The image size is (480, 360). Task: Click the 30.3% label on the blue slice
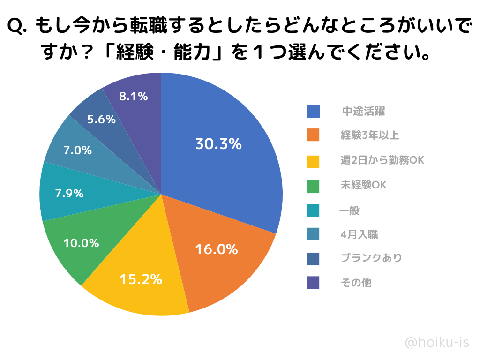(x=218, y=144)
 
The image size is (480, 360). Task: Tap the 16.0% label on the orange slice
(x=216, y=249)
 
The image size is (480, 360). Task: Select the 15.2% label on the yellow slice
(x=141, y=279)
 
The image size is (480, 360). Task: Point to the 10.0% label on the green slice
(x=81, y=243)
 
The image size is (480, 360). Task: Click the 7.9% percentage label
(x=69, y=193)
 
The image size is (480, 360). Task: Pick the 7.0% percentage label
(x=77, y=150)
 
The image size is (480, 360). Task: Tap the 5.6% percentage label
(x=101, y=120)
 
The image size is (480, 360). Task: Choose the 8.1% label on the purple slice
(x=133, y=97)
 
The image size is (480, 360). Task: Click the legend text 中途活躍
(x=363, y=112)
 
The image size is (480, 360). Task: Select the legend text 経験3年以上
(x=370, y=136)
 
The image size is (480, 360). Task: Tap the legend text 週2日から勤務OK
(x=382, y=160)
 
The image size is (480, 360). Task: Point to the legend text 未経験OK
(x=363, y=185)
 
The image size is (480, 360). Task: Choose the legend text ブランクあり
(x=371, y=258)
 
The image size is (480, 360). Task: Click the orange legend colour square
(x=313, y=135)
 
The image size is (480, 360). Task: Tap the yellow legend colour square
(x=313, y=160)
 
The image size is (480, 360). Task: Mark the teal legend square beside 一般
(x=313, y=210)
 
